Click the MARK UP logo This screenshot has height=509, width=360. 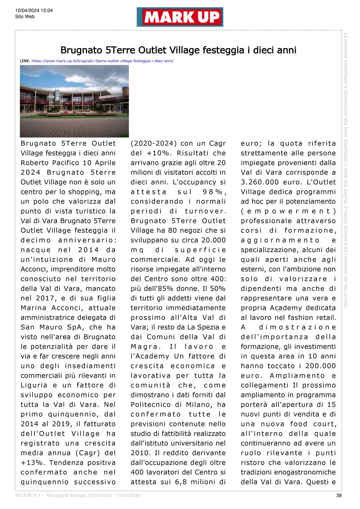click(x=180, y=17)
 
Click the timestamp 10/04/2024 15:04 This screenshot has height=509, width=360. click(x=34, y=10)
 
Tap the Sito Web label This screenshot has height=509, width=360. click(x=25, y=17)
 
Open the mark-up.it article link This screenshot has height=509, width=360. click(x=102, y=61)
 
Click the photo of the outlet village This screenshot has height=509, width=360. click(x=74, y=101)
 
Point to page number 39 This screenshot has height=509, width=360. click(x=339, y=495)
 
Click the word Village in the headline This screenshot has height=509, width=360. click(x=184, y=50)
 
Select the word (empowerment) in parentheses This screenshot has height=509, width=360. click(x=288, y=211)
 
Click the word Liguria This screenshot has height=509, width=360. click(x=34, y=385)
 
